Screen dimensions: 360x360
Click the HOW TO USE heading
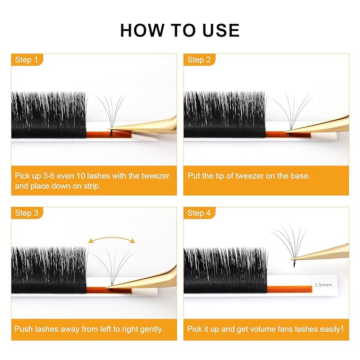(180, 30)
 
